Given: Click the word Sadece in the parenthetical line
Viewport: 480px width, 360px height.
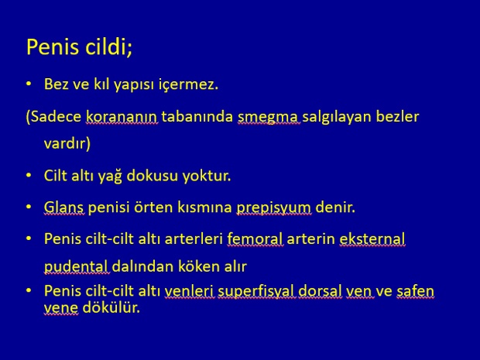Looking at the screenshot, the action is [x=56, y=116].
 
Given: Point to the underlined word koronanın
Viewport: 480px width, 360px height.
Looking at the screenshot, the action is [x=122, y=117].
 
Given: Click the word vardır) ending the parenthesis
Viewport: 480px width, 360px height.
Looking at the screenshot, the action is [x=67, y=143].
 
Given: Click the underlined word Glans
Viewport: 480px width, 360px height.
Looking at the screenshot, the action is [x=63, y=207].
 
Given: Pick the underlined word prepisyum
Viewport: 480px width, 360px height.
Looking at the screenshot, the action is [x=274, y=208].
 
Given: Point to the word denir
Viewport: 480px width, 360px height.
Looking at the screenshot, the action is [x=335, y=207].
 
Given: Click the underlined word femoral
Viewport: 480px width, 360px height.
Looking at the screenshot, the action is [x=255, y=238].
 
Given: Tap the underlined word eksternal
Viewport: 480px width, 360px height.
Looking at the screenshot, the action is [x=372, y=238].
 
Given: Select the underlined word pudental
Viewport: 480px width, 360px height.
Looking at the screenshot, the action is [x=76, y=266].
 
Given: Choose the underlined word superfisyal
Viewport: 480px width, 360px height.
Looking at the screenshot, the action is [x=256, y=291].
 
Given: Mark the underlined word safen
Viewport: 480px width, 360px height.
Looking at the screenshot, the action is [x=416, y=291].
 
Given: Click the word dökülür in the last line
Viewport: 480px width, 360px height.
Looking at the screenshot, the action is [x=111, y=307].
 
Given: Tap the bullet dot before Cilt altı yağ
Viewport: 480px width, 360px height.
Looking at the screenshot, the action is [x=29, y=175].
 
